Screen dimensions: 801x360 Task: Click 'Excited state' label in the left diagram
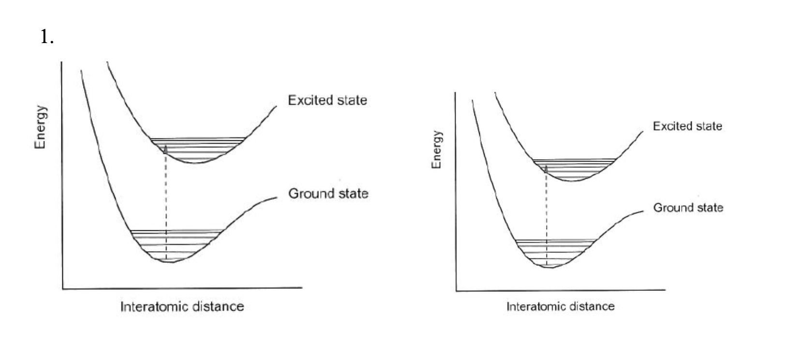click(327, 100)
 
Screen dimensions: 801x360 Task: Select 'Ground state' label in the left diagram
click(328, 194)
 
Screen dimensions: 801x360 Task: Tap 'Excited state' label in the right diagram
click(687, 126)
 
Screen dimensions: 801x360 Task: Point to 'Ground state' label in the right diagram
click(688, 208)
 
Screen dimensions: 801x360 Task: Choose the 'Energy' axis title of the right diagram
click(436, 149)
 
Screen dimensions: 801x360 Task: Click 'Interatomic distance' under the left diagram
click(182, 306)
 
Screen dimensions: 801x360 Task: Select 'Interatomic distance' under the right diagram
click(560, 306)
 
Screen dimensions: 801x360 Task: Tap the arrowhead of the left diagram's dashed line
click(166, 149)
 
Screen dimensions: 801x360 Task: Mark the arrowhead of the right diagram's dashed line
click(546, 169)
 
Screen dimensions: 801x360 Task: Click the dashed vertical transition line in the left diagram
click(166, 203)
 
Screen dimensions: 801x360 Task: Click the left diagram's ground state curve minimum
click(169, 262)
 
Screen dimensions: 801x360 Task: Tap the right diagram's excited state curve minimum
click(572, 180)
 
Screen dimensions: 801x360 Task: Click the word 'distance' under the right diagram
click(592, 306)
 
